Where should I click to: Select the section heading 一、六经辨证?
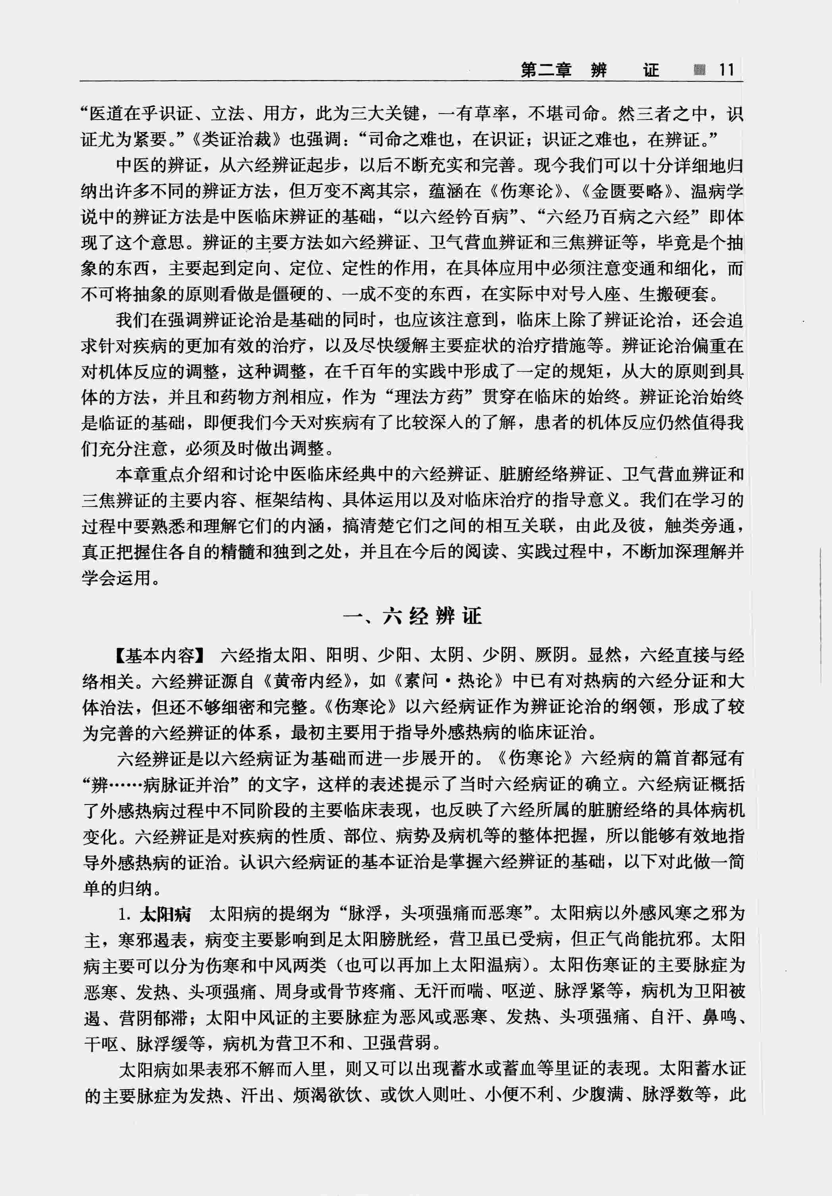(413, 616)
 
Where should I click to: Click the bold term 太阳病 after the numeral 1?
(165, 914)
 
